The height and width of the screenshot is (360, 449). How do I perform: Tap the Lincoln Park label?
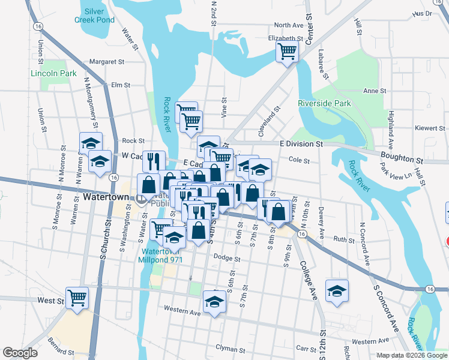pyautogui.click(x=53, y=73)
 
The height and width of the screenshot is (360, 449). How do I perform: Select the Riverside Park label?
pyautogui.click(x=324, y=103)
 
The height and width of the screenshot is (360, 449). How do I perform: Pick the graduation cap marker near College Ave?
pyautogui.click(x=337, y=291)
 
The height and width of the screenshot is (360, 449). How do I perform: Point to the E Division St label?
pyautogui.click(x=301, y=144)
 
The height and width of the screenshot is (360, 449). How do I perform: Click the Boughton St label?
pyautogui.click(x=402, y=159)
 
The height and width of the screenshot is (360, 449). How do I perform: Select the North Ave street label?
pyautogui.click(x=289, y=25)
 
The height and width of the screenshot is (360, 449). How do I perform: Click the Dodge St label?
pyautogui.click(x=227, y=259)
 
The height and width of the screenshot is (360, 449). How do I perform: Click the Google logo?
pyautogui.click(x=20, y=353)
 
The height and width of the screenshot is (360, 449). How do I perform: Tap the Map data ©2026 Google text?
pyautogui.click(x=411, y=355)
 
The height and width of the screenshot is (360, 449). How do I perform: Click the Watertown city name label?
pyautogui.click(x=106, y=197)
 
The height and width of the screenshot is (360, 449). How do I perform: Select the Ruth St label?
pyautogui.click(x=344, y=239)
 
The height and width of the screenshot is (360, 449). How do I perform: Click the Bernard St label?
pyautogui.click(x=62, y=347)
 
